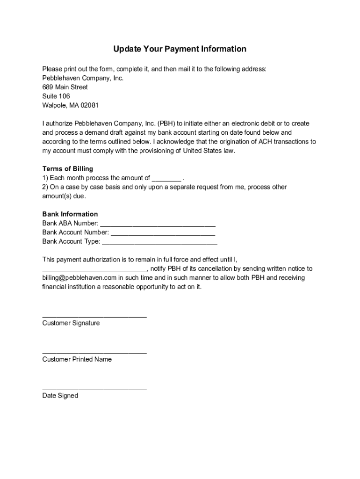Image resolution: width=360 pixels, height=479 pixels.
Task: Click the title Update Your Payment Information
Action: point(180,49)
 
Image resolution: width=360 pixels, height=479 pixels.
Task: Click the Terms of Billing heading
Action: point(68,169)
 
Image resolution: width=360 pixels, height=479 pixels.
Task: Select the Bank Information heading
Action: point(70,214)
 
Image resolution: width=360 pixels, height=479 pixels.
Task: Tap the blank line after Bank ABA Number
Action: point(158,224)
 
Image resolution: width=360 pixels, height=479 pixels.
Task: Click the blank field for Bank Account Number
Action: point(163,233)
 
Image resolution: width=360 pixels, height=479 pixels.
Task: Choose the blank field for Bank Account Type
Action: point(159,242)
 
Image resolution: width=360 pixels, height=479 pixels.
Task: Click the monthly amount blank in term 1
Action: point(166,179)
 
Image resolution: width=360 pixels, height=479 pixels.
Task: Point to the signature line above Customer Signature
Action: point(94,317)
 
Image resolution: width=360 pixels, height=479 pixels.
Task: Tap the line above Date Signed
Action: point(94,389)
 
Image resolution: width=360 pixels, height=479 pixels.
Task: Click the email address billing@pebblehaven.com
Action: point(79,278)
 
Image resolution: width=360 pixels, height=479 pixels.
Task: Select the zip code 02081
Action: point(90,105)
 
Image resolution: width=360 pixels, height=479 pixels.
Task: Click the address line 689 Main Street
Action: point(65,87)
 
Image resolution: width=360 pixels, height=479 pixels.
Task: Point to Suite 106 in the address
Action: point(56,96)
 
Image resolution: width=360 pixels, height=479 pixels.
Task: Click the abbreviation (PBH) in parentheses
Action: point(167,123)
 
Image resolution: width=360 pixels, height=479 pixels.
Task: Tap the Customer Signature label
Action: point(71,323)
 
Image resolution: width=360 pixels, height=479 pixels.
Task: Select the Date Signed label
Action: point(60,396)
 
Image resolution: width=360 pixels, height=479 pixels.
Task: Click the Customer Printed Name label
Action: point(77,360)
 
